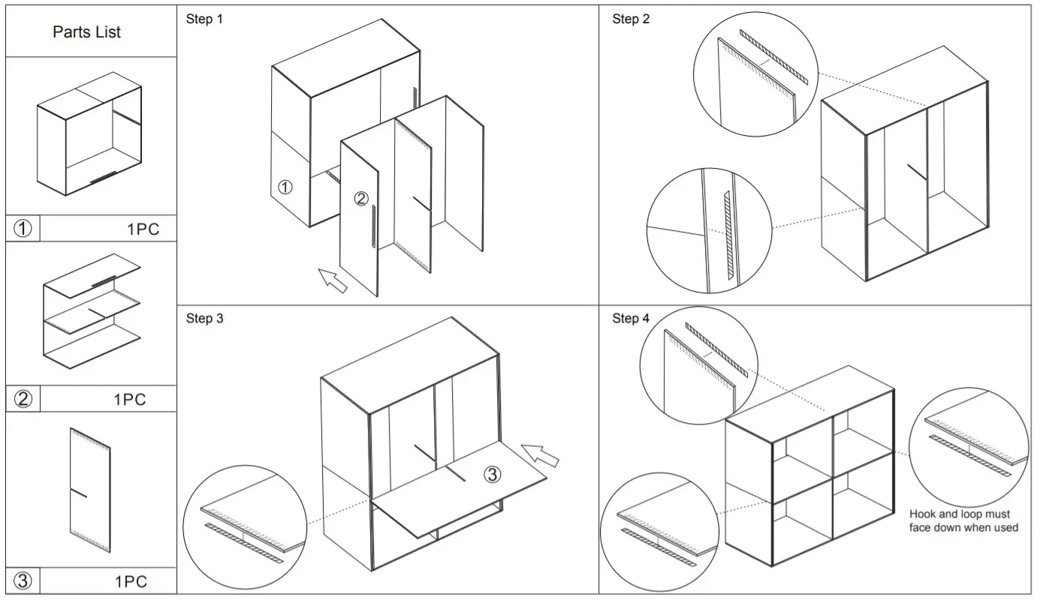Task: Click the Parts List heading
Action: coord(86,32)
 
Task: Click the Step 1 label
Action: coord(204,19)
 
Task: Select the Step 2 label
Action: coord(631,19)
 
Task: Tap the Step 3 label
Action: coord(204,319)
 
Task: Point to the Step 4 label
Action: coord(631,319)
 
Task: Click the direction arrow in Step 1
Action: coord(332,280)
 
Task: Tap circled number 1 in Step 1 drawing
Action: coord(285,187)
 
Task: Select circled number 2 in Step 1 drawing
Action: coord(361,199)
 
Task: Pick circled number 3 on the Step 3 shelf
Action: coord(491,474)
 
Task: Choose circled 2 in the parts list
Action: coord(23,399)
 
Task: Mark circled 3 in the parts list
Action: coord(23,580)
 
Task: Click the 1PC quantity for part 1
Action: coord(143,229)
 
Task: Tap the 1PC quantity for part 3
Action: coord(131,581)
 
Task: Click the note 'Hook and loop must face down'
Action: coord(963,520)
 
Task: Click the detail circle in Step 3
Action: coord(245,533)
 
